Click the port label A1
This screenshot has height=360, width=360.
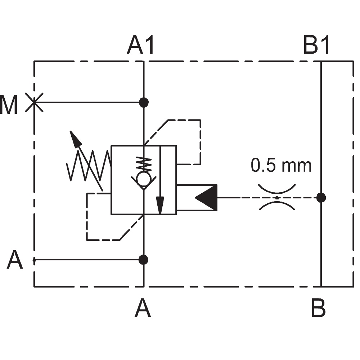coord(140,45)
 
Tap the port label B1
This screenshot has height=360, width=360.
coord(316,45)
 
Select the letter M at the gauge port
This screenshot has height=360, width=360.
coord(9,105)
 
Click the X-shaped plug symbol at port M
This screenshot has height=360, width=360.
coord(34,103)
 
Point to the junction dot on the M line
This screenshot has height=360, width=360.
coord(144,102)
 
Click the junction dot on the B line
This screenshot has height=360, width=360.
coord(321,198)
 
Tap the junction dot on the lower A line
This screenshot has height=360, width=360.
coord(144,260)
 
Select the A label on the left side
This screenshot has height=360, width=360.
coord(15,260)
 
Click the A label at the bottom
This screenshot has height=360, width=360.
coord(143,308)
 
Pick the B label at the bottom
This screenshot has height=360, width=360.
coord(319,308)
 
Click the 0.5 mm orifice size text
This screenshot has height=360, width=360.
coord(281,165)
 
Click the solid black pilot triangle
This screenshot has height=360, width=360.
coord(207,198)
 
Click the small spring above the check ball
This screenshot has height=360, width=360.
coord(144,164)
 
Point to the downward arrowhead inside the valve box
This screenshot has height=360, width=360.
coord(160,206)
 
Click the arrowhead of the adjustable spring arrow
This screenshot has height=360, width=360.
coord(75,138)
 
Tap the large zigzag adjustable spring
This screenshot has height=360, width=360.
coord(89,166)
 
